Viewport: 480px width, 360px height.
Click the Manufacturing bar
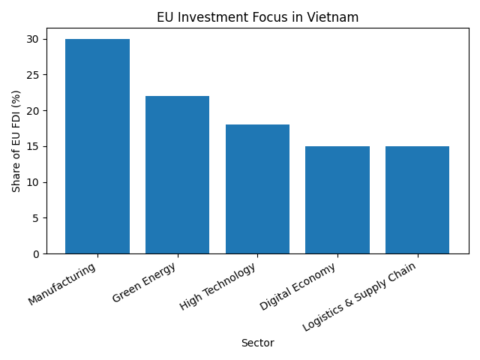(97, 146)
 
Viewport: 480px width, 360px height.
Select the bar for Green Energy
(177, 175)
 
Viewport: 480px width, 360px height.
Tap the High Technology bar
(257, 189)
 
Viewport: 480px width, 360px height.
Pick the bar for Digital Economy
(337, 200)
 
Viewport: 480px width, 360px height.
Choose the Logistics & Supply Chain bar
(417, 200)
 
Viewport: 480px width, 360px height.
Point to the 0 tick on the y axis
(37, 254)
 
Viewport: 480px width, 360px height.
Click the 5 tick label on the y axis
(37, 218)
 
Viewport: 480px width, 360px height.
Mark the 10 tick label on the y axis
(34, 182)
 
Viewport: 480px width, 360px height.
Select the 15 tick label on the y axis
(34, 146)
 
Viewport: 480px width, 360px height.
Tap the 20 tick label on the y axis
(34, 111)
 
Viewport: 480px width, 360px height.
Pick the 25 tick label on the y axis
(34, 75)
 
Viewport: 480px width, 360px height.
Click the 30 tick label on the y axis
(34, 39)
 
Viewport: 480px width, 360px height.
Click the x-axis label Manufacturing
(64, 283)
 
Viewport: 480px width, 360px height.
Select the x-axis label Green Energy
(145, 283)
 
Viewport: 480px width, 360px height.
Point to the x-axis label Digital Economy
(298, 286)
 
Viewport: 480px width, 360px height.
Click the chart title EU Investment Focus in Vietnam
(257, 17)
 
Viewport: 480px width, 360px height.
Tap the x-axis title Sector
(257, 343)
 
